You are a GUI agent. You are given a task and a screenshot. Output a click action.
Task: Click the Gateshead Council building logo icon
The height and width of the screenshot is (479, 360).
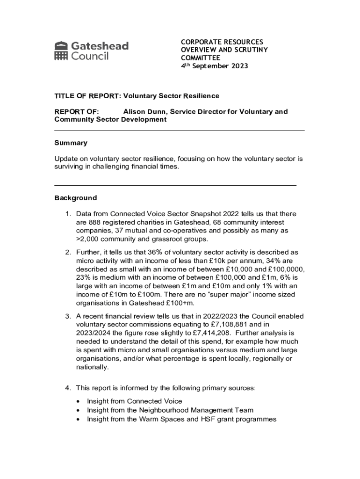(61, 51)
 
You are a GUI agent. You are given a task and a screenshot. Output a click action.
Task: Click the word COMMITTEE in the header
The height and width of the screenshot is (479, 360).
(201, 58)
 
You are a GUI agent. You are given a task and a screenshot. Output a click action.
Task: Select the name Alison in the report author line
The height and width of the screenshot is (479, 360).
(135, 111)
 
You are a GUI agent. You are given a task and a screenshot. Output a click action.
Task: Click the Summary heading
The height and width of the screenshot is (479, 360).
(71, 143)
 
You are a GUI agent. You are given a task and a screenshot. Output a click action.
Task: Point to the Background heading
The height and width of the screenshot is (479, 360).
(76, 198)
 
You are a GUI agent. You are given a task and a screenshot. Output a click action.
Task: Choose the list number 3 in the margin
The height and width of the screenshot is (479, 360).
(67, 316)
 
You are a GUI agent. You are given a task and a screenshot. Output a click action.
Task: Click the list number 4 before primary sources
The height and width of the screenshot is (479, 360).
(67, 388)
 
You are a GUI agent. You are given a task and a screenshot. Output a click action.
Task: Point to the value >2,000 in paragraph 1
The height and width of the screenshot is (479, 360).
(88, 239)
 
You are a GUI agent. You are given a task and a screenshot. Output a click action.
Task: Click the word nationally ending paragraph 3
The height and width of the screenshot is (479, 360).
(92, 367)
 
